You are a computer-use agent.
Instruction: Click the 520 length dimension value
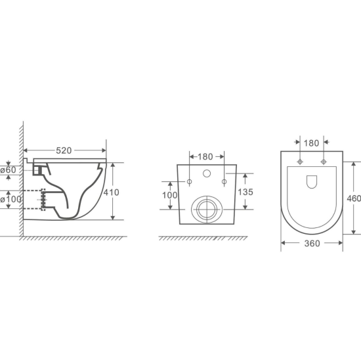pos(64,150)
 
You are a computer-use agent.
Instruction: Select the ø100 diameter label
pos(10,198)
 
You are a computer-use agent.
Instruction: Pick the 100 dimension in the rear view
pos(170,195)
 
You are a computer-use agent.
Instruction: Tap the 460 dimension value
pos(354,199)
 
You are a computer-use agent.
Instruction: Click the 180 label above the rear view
pos(206,156)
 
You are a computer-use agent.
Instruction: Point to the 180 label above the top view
pos(312,142)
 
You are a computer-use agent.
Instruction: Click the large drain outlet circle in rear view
pos(206,210)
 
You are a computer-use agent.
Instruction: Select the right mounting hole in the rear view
pos(223,181)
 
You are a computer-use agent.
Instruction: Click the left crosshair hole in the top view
pos(301,162)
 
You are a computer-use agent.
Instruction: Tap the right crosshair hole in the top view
pos(324,162)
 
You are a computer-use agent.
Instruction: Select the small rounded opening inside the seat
pos(312,181)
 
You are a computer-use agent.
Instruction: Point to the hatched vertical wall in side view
pos(21,177)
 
